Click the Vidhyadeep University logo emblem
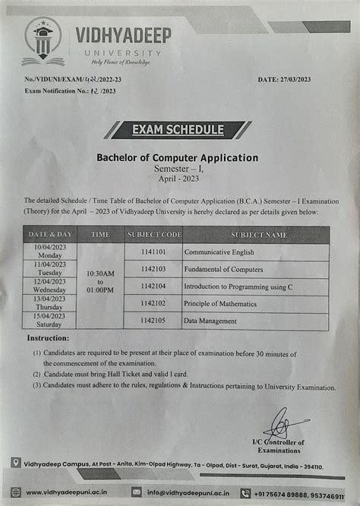pyautogui.click(x=43, y=40)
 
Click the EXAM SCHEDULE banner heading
pyautogui.click(x=178, y=129)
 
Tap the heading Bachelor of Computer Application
pyautogui.click(x=178, y=157)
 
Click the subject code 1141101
pyautogui.click(x=155, y=251)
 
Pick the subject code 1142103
pyautogui.click(x=155, y=269)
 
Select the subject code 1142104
pyautogui.click(x=155, y=286)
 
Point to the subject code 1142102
pyautogui.click(x=155, y=304)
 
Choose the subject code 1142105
pyautogui.click(x=155, y=321)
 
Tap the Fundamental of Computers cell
pyautogui.click(x=223, y=269)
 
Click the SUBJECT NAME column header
pyautogui.click(x=259, y=235)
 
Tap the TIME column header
pyautogui.click(x=100, y=235)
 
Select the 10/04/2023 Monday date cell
pyautogui.click(x=50, y=251)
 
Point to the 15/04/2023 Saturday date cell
pyautogui.click(x=50, y=320)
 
